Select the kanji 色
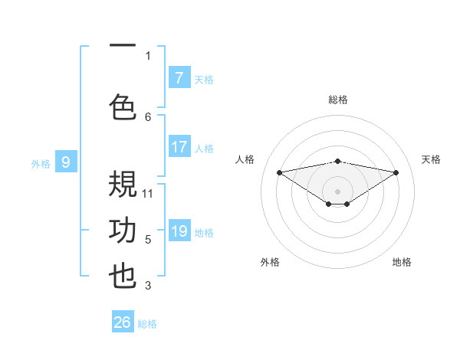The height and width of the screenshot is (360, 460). (123, 106)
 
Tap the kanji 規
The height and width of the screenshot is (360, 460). (123, 185)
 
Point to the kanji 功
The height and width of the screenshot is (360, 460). (123, 231)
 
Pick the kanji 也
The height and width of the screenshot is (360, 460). (123, 277)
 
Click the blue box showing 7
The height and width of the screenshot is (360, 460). (179, 78)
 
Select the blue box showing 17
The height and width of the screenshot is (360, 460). (179, 147)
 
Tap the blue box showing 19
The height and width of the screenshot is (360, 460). (179, 232)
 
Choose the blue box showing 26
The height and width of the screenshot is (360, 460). (123, 322)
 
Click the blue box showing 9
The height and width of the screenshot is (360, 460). (66, 162)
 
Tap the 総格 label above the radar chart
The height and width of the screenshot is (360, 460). (337, 100)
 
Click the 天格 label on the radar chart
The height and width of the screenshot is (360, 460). (431, 159)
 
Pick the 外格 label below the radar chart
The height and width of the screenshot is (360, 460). (270, 263)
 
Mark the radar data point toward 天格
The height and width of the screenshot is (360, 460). (396, 172)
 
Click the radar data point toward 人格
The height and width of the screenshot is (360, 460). (279, 172)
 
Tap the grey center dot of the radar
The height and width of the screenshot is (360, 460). (337, 190)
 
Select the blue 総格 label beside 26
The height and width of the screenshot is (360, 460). (147, 324)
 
